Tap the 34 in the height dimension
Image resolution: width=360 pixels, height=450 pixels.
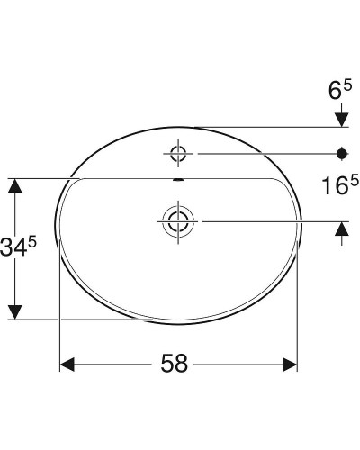click(20, 246)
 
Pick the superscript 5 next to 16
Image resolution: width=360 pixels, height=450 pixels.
click(354, 181)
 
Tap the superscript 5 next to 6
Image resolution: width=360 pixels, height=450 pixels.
click(346, 84)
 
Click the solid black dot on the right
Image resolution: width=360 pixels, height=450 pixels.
click(342, 152)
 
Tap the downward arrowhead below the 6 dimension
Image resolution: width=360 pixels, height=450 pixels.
click(342, 119)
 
